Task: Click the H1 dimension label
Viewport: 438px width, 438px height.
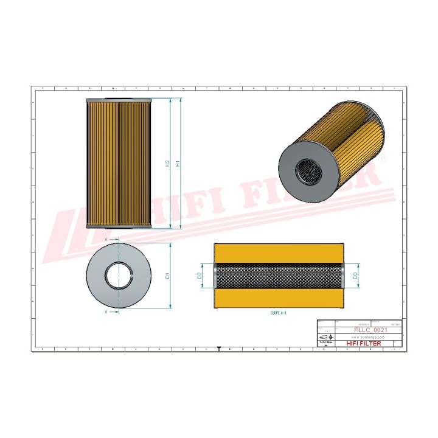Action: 178,163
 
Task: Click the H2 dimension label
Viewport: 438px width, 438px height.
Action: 167,163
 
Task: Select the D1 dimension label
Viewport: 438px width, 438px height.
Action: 167,276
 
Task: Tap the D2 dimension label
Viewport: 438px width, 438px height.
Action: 200,276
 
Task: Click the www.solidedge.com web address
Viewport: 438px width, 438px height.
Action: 364,336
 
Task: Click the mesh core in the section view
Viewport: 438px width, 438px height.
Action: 278,276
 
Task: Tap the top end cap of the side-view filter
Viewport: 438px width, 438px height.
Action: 118,100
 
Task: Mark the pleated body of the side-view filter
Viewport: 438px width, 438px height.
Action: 118,163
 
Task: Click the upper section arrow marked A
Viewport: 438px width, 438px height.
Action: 109,241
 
